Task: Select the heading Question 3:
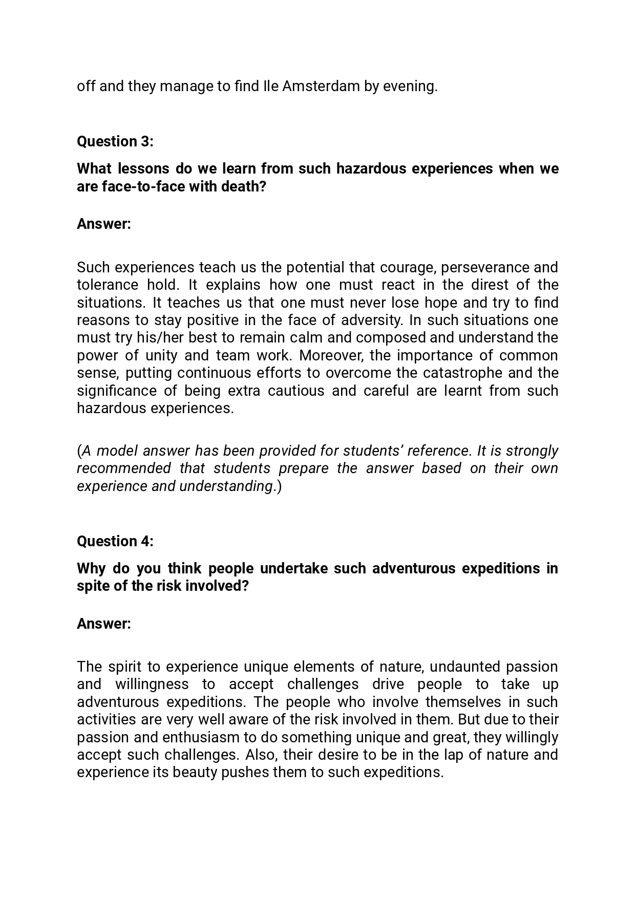tap(115, 141)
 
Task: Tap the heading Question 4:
tap(115, 541)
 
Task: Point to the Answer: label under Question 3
tap(104, 224)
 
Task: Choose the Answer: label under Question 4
tap(104, 624)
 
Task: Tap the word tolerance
tap(107, 285)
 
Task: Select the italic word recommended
tap(124, 468)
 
